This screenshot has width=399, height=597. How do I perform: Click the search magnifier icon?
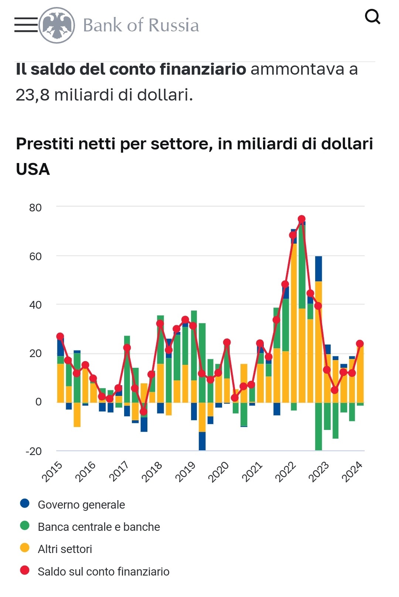[x=372, y=17]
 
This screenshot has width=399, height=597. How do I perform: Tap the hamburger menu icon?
[x=26, y=25]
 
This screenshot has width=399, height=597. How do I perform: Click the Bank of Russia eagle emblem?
[x=57, y=25]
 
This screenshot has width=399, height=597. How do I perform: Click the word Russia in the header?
[x=174, y=26]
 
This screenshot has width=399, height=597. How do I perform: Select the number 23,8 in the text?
[x=33, y=95]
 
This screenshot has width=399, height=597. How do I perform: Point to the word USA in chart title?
[x=33, y=169]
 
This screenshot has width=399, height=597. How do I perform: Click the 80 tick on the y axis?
[x=35, y=208]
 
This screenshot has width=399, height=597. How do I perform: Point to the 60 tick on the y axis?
[x=35, y=257]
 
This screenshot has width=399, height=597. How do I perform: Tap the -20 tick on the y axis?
[x=34, y=451]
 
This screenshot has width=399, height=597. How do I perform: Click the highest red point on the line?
[x=301, y=219]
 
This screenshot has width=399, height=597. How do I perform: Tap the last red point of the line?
[x=360, y=344]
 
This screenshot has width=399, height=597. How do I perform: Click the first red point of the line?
[x=60, y=336]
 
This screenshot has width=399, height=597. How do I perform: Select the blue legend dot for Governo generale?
[x=25, y=503]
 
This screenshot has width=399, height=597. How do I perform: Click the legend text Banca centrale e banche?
[x=99, y=527]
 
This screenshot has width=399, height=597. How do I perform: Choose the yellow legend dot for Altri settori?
[x=25, y=548]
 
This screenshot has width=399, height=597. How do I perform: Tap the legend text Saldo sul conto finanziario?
[x=103, y=571]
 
